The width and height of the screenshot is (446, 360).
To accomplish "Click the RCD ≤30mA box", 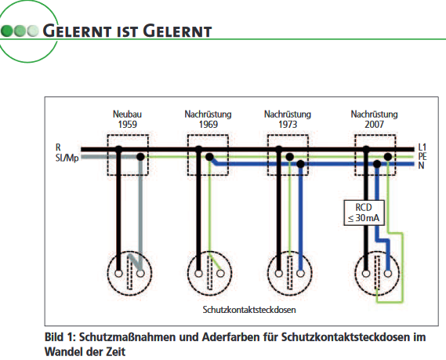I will [362, 213].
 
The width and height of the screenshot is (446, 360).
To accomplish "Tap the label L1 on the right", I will [422, 147].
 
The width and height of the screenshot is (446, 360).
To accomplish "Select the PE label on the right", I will [422, 156].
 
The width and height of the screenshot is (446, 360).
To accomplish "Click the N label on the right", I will [421, 165].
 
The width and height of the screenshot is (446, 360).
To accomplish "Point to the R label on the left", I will [58, 147].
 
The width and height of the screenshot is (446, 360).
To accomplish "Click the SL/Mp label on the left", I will [67, 157].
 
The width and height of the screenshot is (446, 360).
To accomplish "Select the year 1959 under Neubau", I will [128, 124].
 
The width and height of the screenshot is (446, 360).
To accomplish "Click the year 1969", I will [208, 124].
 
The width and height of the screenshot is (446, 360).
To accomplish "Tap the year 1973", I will [288, 124].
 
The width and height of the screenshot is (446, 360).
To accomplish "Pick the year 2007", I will [374, 124].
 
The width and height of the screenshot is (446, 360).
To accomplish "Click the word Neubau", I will [128, 115].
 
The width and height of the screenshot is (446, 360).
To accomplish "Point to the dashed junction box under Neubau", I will [128, 153].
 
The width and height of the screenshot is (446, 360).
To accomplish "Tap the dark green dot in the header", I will [7, 32].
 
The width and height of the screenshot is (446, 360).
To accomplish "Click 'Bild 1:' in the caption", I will [60, 336].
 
